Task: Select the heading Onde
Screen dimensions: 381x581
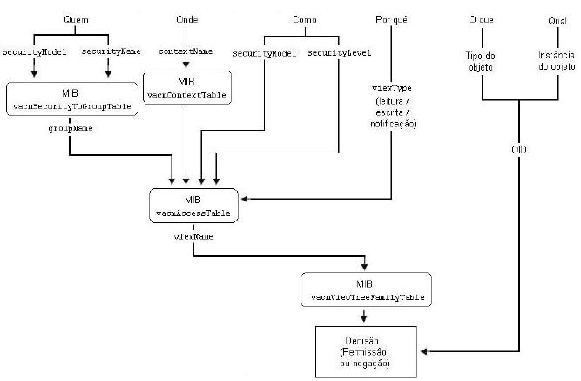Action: [187, 19]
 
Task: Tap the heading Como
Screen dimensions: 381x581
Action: [304, 19]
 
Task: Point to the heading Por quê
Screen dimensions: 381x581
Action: [390, 19]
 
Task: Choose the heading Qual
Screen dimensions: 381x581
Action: [557, 19]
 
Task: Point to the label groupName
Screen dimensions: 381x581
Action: [71, 127]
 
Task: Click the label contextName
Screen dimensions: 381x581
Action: [186, 52]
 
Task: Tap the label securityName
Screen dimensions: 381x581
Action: [112, 52]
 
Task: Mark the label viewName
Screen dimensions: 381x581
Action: [193, 235]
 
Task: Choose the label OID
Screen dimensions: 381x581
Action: [519, 149]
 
